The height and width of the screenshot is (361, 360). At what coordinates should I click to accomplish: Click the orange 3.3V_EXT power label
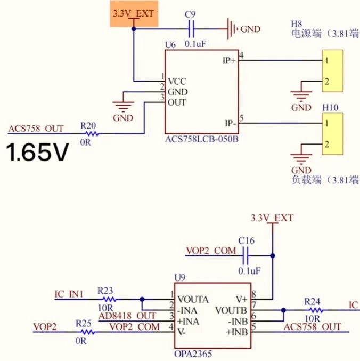[134, 13]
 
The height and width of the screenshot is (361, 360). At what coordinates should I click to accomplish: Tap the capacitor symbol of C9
[191, 29]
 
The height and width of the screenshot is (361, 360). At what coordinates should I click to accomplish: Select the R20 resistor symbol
[92, 133]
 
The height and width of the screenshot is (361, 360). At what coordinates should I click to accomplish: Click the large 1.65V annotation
[37, 152]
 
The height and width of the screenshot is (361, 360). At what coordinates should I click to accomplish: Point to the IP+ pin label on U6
[229, 61]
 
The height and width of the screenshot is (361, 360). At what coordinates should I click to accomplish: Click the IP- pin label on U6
[231, 123]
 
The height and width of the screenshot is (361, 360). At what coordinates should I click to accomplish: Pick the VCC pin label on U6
[177, 82]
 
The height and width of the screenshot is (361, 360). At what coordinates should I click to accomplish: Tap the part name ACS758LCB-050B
[202, 139]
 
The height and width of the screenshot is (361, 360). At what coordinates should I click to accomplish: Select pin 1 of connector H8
[326, 61]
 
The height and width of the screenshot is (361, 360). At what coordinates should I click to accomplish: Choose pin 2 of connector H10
[326, 145]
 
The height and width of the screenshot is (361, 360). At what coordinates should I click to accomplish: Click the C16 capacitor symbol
[246, 256]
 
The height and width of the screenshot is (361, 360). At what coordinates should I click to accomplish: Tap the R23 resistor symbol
[109, 299]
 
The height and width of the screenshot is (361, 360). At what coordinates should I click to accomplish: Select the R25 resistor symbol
[88, 332]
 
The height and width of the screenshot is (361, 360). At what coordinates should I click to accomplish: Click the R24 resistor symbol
[316, 310]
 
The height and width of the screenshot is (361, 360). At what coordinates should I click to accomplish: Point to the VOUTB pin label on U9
[231, 310]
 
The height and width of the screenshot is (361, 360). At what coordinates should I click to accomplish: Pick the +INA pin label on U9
[187, 322]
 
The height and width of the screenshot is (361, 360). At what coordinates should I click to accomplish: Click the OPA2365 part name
[193, 354]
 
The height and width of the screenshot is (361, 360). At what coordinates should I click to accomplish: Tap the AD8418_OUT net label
[127, 316]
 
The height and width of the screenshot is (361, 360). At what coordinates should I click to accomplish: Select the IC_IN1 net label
[69, 294]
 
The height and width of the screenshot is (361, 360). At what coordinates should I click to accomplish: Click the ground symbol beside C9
[232, 29]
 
